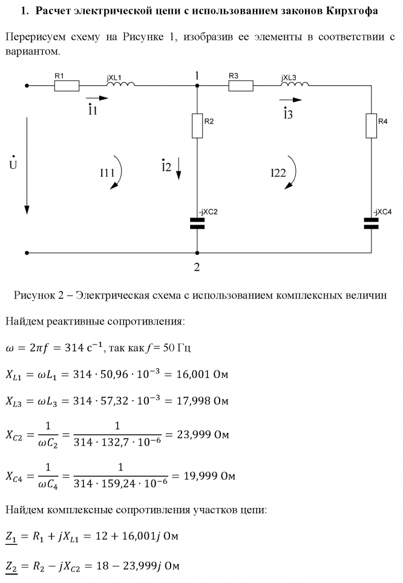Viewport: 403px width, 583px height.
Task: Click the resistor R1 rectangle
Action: pos(67,86)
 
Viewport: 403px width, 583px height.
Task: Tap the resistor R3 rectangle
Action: pos(240,86)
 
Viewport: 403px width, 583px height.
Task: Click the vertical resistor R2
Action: pos(197,125)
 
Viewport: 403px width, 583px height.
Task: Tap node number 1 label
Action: pos(197,75)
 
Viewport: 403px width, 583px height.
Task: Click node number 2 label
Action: pos(197,267)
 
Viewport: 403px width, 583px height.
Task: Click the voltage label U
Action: pos(13,165)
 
